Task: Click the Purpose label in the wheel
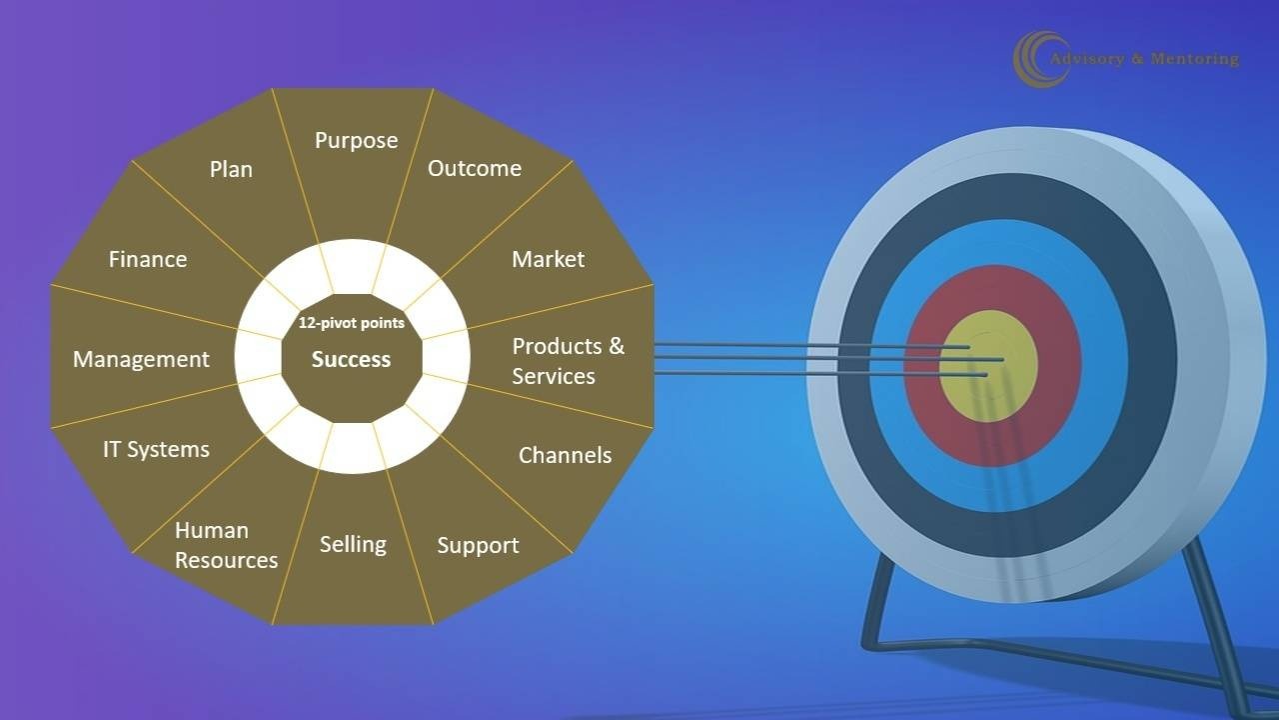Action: tap(357, 141)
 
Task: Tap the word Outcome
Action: tap(475, 169)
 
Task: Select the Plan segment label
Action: tap(231, 169)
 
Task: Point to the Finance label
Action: tap(148, 259)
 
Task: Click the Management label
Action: tap(141, 359)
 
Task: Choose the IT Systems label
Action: tap(157, 450)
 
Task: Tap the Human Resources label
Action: tap(226, 545)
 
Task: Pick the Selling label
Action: tap(353, 545)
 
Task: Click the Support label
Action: tap(479, 546)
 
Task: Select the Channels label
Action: tap(566, 455)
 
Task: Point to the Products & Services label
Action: tap(569, 361)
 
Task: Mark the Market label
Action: tap(549, 259)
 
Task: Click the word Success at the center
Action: tap(351, 359)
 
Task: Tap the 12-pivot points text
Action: tap(352, 323)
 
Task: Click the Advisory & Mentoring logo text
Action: tap(1144, 59)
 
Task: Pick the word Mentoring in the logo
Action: tap(1195, 59)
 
